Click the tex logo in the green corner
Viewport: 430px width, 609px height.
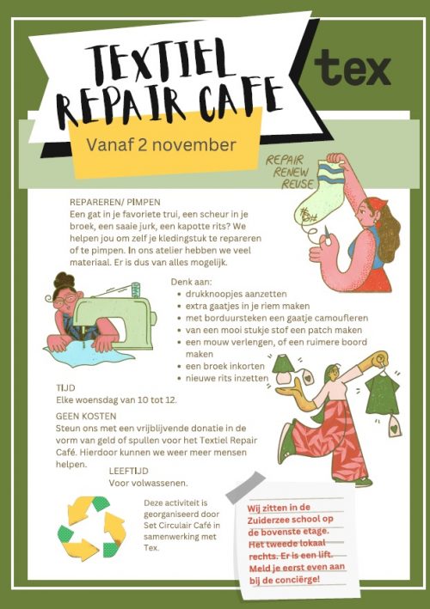tap(353, 68)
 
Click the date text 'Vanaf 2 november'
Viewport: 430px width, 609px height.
tap(162, 145)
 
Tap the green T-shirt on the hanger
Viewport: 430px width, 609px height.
tap(382, 393)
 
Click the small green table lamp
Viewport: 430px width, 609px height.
tap(284, 368)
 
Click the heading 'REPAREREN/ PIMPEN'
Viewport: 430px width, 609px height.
tap(115, 202)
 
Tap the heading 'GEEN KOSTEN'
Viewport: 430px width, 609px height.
tap(86, 417)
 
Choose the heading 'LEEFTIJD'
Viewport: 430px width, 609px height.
tap(129, 471)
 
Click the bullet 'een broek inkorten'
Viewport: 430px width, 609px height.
tap(225, 366)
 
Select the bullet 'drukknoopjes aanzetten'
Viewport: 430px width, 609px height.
tap(236, 294)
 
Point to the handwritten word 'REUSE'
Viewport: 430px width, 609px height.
tap(298, 184)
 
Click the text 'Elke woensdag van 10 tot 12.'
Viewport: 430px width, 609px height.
tap(116, 400)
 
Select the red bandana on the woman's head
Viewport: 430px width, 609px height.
tap(378, 204)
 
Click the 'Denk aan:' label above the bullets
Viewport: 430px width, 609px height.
tap(192, 282)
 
